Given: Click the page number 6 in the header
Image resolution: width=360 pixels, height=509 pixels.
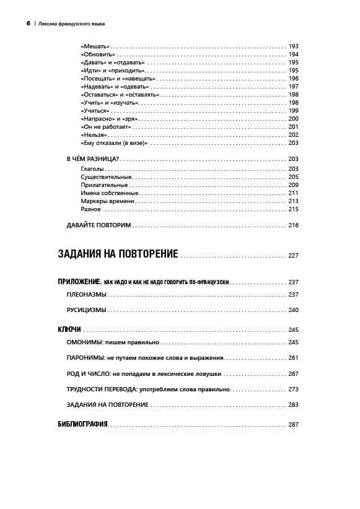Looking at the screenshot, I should (28, 24).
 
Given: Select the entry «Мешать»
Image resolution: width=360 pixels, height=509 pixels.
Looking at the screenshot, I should (95, 46).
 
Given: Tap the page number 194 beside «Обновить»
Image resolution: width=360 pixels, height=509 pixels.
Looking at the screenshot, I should (294, 54).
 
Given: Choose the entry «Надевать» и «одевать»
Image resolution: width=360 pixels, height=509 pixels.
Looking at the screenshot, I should (110, 87).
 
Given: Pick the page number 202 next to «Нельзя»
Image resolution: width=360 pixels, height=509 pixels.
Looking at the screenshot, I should (294, 135).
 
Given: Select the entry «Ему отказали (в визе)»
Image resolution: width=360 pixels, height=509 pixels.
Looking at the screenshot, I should (113, 143).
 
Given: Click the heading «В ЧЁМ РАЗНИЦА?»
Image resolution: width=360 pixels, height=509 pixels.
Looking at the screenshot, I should (92, 159).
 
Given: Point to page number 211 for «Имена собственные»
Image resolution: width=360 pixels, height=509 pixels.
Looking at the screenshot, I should (294, 193).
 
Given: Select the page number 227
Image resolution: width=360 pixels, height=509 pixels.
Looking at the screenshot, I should (293, 255).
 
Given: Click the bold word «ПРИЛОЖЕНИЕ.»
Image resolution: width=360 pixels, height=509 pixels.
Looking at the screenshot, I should (79, 282).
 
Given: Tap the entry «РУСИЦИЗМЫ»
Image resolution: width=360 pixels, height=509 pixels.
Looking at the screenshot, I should (86, 310).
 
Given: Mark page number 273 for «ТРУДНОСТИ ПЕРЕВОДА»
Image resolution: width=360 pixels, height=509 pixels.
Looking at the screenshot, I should (294, 389).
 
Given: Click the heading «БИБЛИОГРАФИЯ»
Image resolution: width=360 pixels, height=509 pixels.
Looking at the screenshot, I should (82, 424).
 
